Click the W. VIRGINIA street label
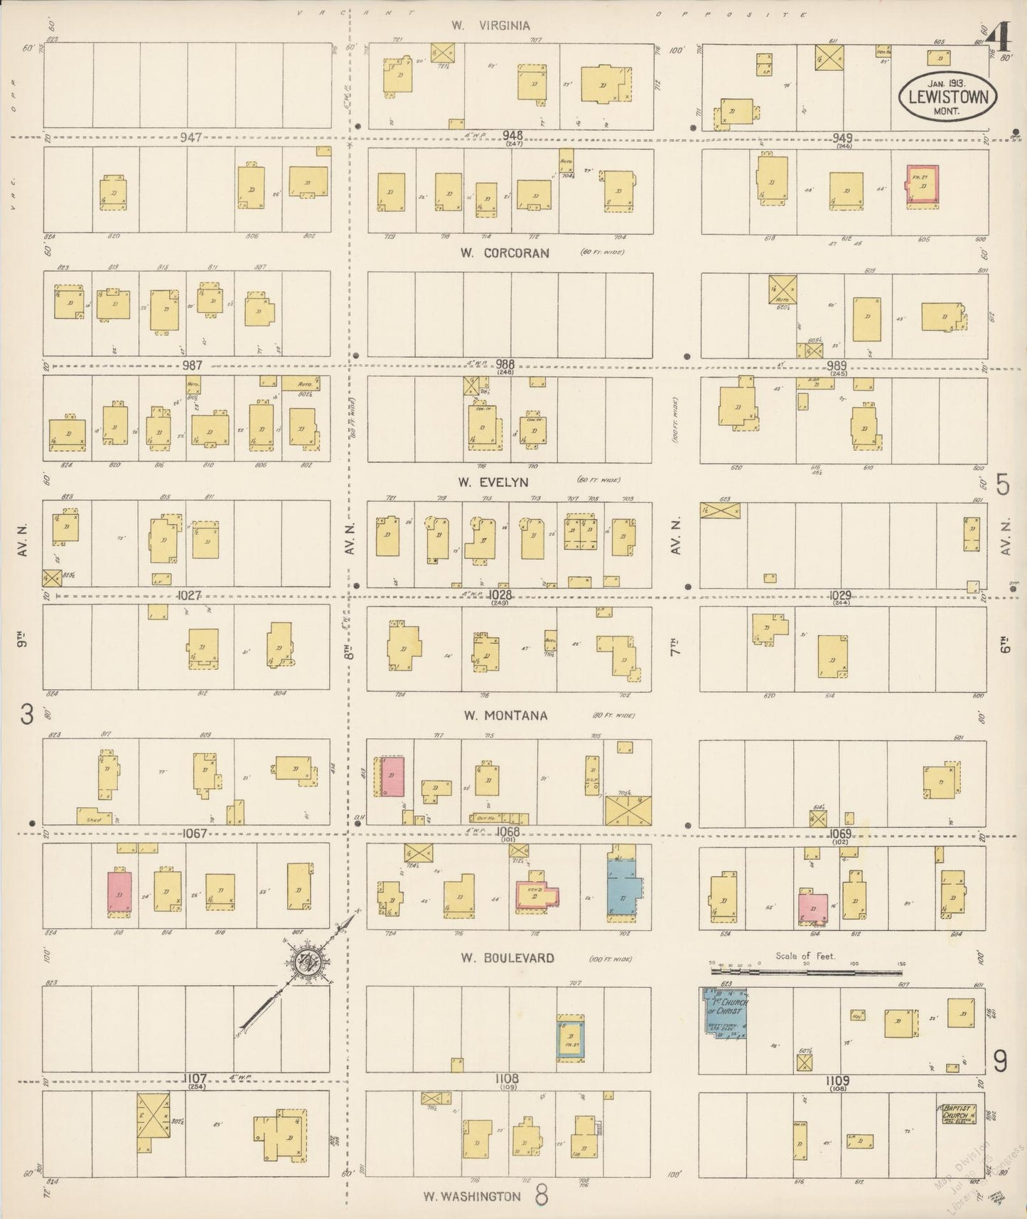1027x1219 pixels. tap(490, 26)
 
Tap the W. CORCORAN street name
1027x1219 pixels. tap(504, 252)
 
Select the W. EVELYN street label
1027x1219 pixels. tap(493, 482)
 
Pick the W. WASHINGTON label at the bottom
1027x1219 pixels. tap(472, 1196)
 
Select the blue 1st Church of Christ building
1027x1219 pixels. tap(724, 1013)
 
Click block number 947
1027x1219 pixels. tap(192, 137)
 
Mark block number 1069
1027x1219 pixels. tap(839, 833)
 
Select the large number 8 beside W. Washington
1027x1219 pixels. tap(542, 1195)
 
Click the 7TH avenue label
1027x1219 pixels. tap(676, 647)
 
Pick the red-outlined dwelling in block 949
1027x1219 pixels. tap(922, 185)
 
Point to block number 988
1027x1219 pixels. tap(505, 364)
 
